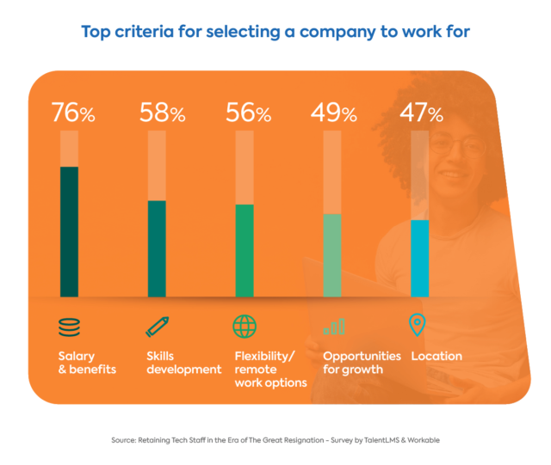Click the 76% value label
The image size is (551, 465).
pos(75,113)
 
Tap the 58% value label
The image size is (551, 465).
pos(163,113)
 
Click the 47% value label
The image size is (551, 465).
pos(420,113)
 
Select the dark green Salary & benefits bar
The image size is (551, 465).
pos(69,230)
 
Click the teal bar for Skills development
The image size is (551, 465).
pos(157,248)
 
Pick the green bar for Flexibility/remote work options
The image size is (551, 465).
pos(244,249)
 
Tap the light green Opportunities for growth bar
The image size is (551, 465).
pos(331,254)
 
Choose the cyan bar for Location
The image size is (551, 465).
pos(419,257)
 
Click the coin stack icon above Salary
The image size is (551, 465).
pos(69,327)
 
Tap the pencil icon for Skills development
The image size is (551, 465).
pos(157,327)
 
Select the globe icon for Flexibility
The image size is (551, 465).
pos(245,327)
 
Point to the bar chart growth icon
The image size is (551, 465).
pos(333,326)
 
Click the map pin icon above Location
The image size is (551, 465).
pos(418,326)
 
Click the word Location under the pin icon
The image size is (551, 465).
pos(436,356)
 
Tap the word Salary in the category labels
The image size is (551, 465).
pos(77,356)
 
